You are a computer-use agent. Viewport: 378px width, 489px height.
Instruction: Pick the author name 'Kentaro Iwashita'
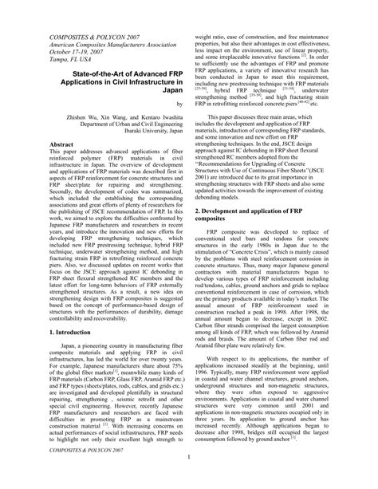tap(152, 116)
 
